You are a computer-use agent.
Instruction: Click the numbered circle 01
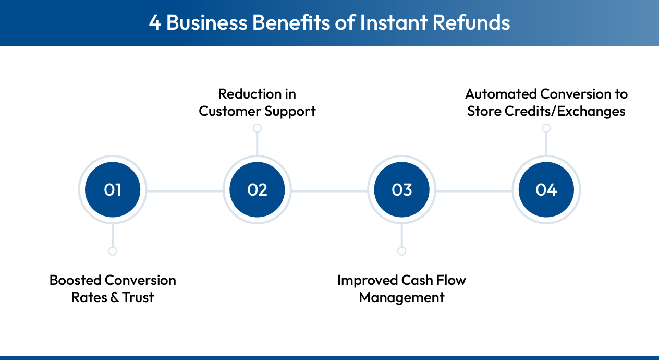[x=113, y=190]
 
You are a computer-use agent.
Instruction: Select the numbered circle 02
[x=257, y=190]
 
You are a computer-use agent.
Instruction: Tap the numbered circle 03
[x=401, y=190]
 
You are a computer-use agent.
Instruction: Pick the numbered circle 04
[x=546, y=190]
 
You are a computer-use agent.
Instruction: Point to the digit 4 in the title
[x=155, y=23]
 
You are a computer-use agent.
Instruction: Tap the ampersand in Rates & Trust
[x=112, y=297]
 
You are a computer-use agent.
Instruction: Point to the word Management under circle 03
[x=401, y=297]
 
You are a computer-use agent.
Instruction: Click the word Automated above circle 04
[x=501, y=94]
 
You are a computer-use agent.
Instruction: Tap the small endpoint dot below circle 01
[x=113, y=251]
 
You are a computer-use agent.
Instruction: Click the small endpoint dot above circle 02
[x=257, y=128]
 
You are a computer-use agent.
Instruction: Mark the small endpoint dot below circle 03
[x=401, y=251]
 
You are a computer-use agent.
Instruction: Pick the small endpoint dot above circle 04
[x=546, y=128]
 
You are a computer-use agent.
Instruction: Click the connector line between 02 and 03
[x=329, y=191]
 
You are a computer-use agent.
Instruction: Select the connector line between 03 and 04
[x=474, y=191]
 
